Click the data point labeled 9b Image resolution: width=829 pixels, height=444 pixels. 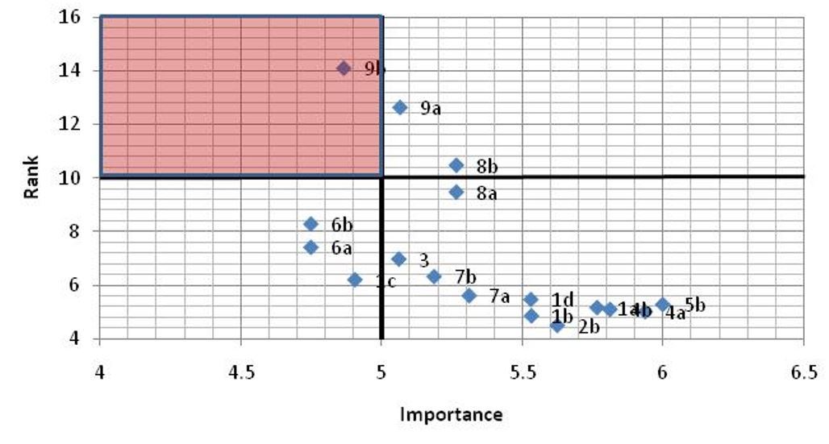pos(344,68)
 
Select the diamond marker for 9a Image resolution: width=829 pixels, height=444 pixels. pos(399,107)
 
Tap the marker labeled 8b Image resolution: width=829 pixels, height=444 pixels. pos(456,165)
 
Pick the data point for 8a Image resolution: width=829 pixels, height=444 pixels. pos(456,192)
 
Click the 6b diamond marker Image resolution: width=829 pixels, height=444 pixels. pos(311,223)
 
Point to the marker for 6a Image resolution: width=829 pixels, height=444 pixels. pos(311,247)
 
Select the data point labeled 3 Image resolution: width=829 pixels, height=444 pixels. pos(398,259)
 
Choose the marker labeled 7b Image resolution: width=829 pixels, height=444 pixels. pos(434,276)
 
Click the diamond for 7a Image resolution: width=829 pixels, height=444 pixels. pos(469,295)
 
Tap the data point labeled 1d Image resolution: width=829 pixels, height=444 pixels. pos(531,299)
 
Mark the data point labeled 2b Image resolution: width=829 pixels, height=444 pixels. pos(557,325)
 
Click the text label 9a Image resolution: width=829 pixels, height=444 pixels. pos(431,109)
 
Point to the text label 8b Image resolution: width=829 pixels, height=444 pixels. pos(487,167)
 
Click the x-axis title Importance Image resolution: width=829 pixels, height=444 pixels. pos(451,415)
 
